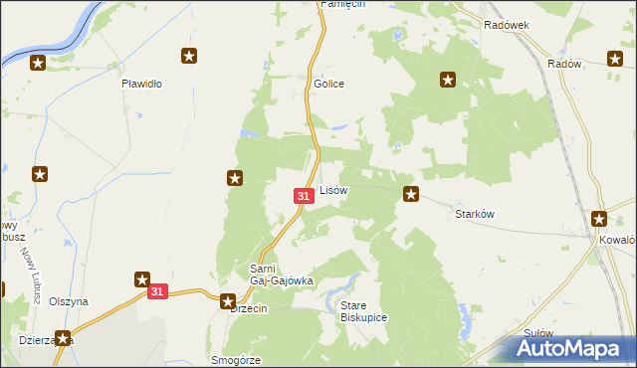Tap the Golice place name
point(329,84)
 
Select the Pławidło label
point(141,84)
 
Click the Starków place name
point(475,213)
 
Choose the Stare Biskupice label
point(363,310)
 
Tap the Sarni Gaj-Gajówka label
point(281,275)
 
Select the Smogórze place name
point(236,360)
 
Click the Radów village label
point(564,63)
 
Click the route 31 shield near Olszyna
point(157,291)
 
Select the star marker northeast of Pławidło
point(188,57)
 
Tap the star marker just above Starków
point(410,193)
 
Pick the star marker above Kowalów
point(599,219)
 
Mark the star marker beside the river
point(38,64)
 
